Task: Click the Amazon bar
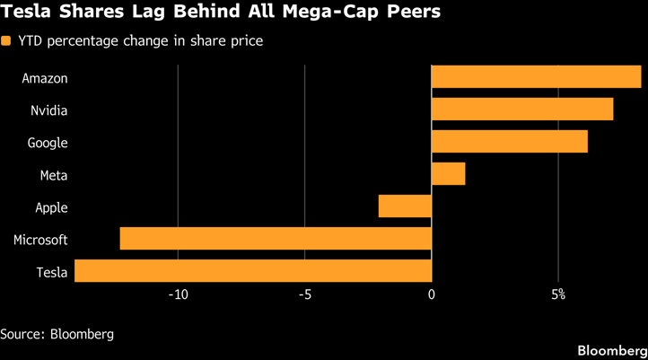[x=536, y=77]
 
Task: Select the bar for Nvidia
[x=522, y=110]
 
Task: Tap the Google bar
[x=510, y=142]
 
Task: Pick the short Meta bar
[x=448, y=174]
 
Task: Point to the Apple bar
[x=405, y=206]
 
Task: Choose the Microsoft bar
[x=276, y=239]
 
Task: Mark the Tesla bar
[x=253, y=271]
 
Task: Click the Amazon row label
[x=45, y=78]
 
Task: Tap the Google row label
[x=48, y=143]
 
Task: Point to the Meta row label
[x=54, y=175]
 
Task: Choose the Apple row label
[x=51, y=207]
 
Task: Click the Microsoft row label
[x=40, y=240]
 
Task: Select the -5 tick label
[x=305, y=295]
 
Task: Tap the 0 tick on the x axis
[x=432, y=295]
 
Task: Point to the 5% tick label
[x=558, y=295]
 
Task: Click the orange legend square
[x=6, y=41]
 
